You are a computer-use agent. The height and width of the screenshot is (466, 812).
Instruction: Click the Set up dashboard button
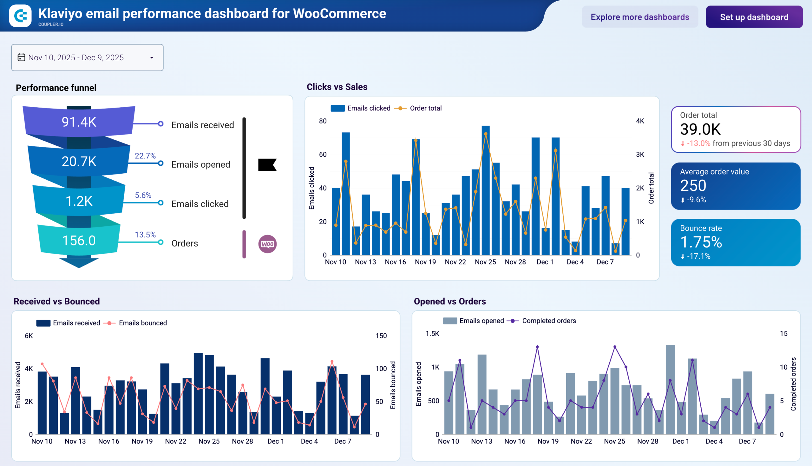(x=754, y=17)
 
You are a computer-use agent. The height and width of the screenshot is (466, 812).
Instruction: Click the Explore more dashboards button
(x=640, y=17)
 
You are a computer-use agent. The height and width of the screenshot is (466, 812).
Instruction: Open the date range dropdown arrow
(x=152, y=58)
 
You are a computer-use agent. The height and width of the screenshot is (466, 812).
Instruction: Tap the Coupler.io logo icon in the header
(x=20, y=16)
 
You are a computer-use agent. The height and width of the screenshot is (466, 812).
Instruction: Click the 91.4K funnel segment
(x=79, y=122)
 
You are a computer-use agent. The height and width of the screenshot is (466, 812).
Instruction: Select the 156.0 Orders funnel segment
(x=79, y=241)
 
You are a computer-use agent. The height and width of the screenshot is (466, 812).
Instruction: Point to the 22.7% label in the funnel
(x=145, y=156)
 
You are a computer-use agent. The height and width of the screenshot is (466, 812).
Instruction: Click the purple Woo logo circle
(x=267, y=244)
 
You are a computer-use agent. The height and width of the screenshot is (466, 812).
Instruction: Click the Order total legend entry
(x=425, y=109)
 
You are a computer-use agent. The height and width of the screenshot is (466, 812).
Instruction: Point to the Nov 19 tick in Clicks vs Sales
(x=425, y=262)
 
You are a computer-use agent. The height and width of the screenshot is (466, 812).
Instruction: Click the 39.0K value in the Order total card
(x=700, y=130)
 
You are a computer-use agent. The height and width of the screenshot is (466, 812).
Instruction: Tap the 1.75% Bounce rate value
(x=701, y=242)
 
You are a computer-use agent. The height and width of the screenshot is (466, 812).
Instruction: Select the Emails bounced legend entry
(x=143, y=323)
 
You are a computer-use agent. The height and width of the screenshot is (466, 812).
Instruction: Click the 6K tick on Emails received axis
(x=29, y=336)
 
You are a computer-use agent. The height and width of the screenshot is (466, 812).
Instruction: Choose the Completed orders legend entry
(x=548, y=321)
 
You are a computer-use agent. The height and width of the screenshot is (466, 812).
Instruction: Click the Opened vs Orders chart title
(x=449, y=302)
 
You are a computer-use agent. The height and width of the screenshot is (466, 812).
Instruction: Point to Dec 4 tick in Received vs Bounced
(x=309, y=441)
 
